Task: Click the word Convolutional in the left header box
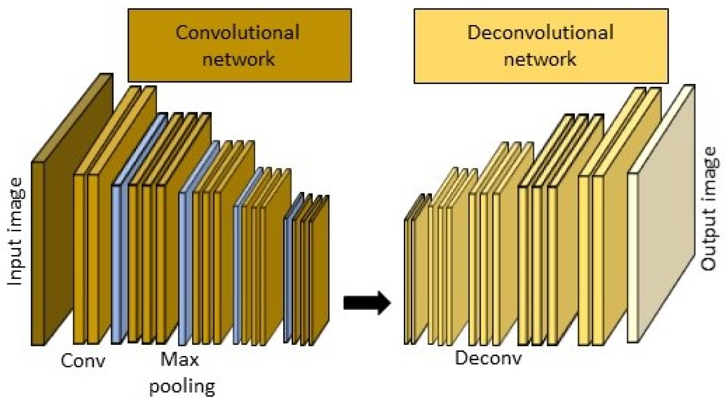[237, 33]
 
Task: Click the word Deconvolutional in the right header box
[540, 33]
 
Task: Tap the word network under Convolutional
[238, 59]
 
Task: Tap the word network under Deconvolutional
[540, 59]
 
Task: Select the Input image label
[15, 232]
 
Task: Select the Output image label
[708, 209]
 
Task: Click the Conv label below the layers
[82, 361]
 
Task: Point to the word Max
[179, 360]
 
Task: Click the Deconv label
[488, 358]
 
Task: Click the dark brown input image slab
[38, 253]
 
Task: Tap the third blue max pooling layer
[236, 275]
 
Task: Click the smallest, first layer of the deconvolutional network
[406, 282]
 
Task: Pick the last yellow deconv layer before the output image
[597, 260]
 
